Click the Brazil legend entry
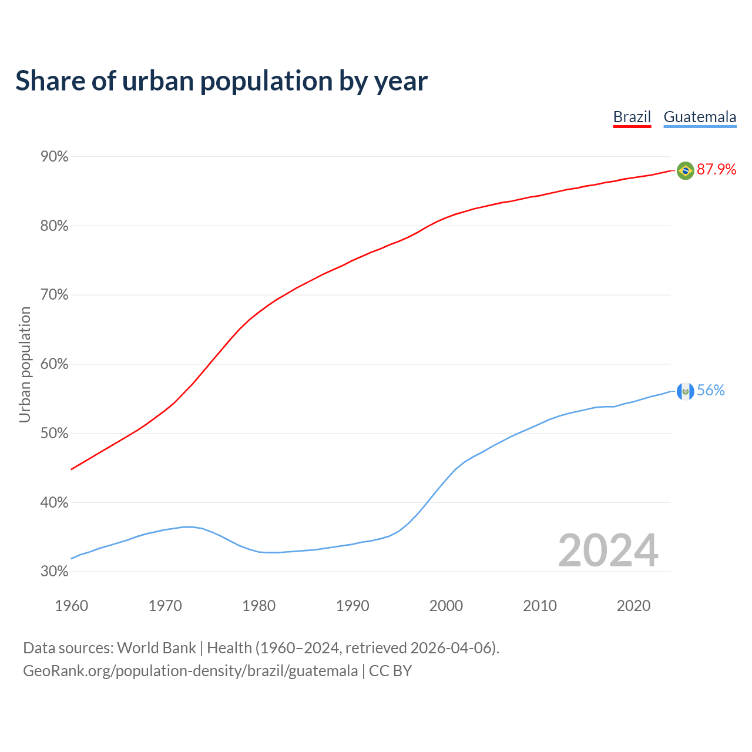coord(632,117)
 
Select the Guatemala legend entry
coord(700,117)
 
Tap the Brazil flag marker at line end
coord(685,170)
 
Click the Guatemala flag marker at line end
coord(685,391)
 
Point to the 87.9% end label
coord(716,170)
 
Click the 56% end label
coord(711,391)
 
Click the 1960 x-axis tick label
coord(71,606)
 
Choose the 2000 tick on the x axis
coord(446,606)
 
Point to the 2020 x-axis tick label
coord(633,606)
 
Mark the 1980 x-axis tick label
coord(258,606)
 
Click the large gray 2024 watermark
coord(608,550)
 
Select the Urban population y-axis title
coord(25,364)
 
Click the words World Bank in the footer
coord(156,648)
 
